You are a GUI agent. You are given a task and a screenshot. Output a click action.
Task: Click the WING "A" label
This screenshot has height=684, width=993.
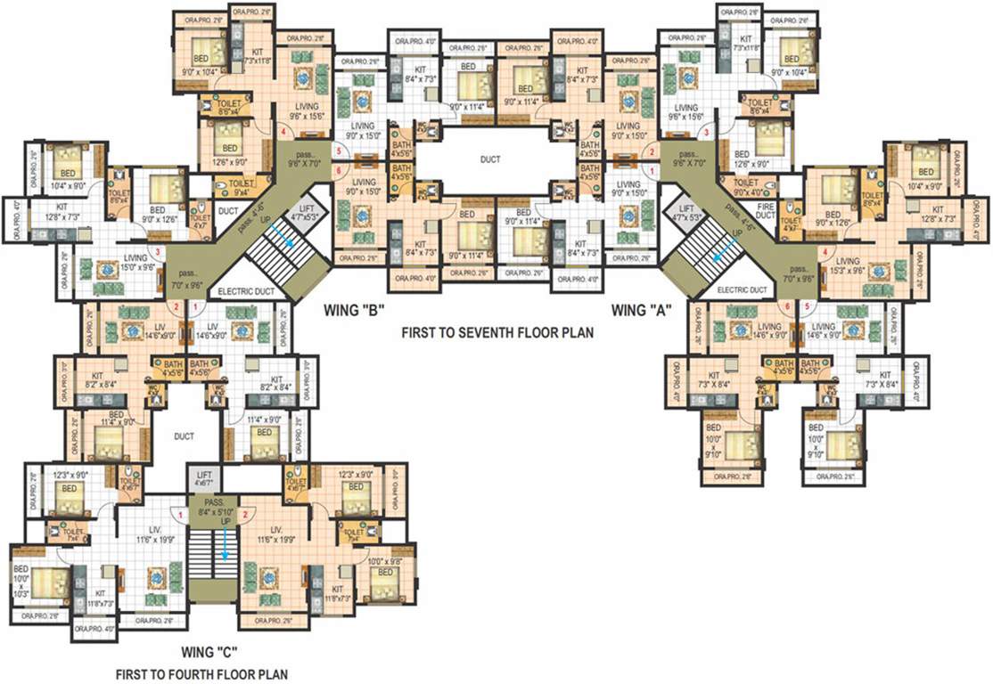coord(641,311)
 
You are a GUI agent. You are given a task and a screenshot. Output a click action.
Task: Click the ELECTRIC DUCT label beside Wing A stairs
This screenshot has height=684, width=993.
coord(743,290)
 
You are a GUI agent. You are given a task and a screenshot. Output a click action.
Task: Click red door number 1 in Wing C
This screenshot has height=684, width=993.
coord(180,513)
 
